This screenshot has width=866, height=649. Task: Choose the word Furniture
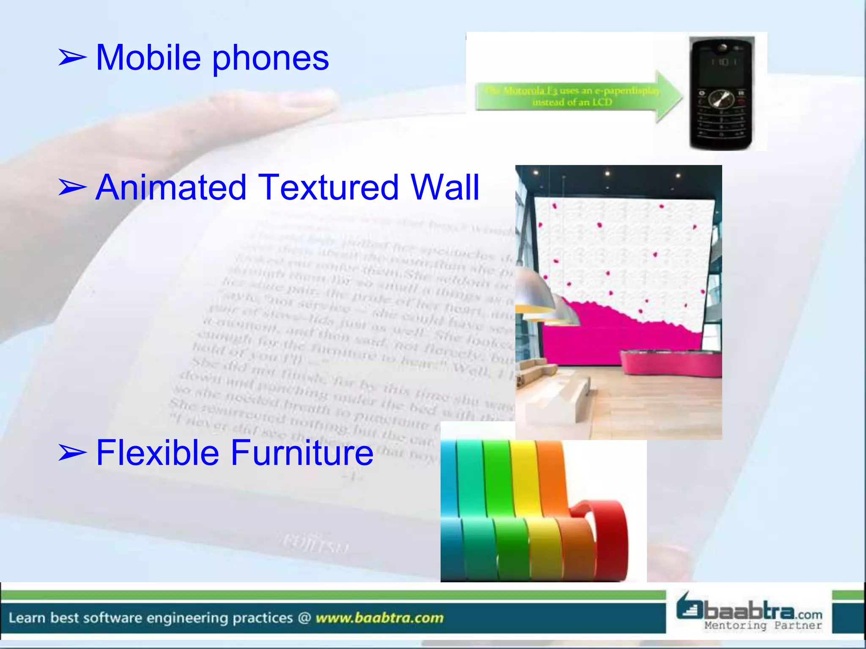coord(302,453)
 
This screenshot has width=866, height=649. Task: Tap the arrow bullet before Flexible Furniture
coord(72,453)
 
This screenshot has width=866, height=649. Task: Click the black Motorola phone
coord(721,93)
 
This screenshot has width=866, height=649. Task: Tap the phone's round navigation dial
coord(721,100)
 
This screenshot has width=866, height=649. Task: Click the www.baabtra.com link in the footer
coord(379,618)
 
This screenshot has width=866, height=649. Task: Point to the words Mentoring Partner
coord(763,625)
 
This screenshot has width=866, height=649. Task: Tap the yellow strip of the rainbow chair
coord(529,507)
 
